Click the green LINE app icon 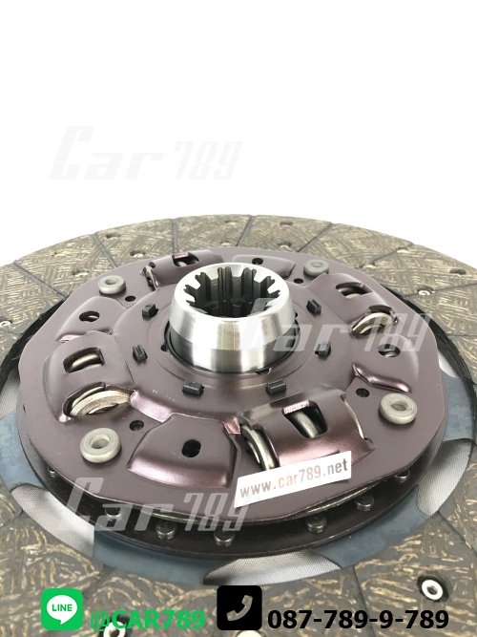[x=62, y=609]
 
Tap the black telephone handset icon [x=239, y=607]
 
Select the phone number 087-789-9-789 [x=358, y=619]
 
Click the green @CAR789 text [x=148, y=620]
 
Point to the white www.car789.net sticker [x=293, y=478]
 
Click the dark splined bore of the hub [x=230, y=290]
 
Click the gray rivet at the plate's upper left [x=112, y=285]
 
